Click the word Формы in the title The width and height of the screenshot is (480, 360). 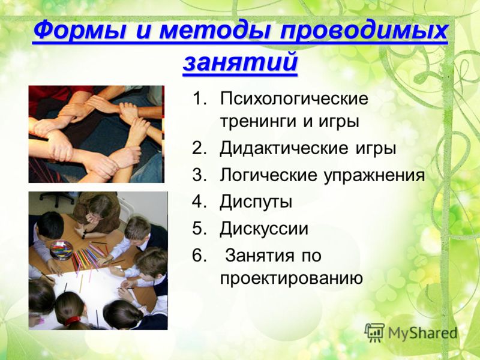coord(79,30)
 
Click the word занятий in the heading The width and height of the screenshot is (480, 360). coord(240,62)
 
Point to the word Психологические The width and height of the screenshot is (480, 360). coord(294,99)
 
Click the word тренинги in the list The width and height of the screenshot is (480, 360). coord(259,122)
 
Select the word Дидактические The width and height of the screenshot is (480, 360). coord(284,148)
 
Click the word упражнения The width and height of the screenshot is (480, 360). coord(374,176)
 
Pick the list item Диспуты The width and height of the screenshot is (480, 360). coord(256,202)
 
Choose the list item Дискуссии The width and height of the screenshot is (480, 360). coord(263,229)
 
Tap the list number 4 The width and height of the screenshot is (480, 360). coord(199,202)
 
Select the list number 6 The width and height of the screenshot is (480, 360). coord(199,255)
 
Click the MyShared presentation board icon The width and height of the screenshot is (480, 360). coord(374,332)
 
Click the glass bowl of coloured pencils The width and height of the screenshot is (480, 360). coord(61,250)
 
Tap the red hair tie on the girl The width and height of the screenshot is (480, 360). coord(73,320)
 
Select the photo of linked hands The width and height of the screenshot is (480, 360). coord(97,134)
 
